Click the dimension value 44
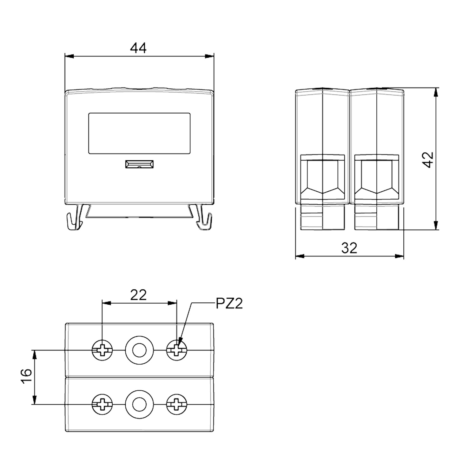pos(139,48)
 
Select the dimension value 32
pos(349,248)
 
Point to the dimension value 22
pos(139,295)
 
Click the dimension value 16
pos(27,377)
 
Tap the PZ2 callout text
pos(229,304)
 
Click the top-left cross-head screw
pos(102,350)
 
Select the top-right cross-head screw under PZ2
pos(177,350)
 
